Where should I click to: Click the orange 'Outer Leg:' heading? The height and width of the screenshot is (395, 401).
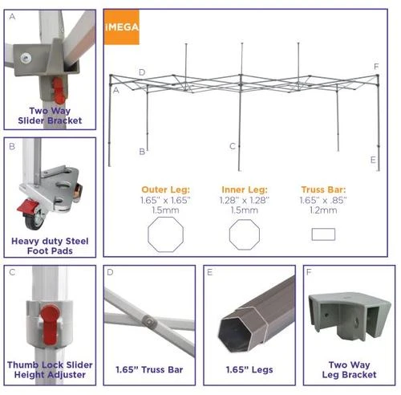pos(166,190)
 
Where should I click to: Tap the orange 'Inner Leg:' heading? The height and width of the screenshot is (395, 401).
pos(244,190)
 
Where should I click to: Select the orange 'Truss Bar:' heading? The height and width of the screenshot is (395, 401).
pos(323,190)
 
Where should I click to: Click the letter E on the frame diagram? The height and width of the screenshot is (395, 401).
pos(374,160)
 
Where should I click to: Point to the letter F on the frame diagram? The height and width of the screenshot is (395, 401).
pos(375,67)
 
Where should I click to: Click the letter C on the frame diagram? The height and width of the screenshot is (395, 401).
pos(231,146)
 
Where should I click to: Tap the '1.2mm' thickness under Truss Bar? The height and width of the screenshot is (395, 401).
pos(323,210)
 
